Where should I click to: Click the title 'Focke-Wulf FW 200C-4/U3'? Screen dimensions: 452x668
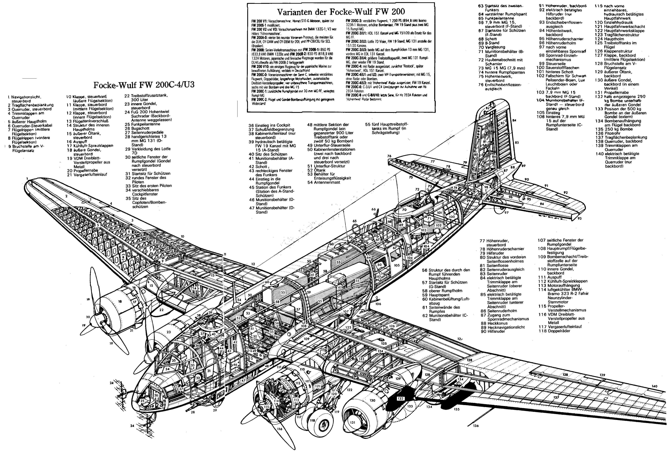[144, 85]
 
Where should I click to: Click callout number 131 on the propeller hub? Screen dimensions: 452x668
[353, 422]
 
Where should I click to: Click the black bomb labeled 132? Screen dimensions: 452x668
[401, 399]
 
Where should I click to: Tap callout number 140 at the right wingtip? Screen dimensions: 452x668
[654, 386]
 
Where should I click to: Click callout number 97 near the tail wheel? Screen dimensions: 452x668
[506, 213]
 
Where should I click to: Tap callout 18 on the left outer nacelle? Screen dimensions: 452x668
[120, 302]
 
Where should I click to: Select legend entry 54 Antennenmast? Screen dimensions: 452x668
[327, 182]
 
